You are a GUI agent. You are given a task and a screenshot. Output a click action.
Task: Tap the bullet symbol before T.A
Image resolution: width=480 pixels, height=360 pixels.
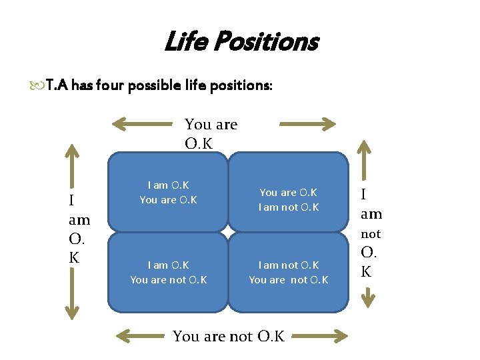pos(36,85)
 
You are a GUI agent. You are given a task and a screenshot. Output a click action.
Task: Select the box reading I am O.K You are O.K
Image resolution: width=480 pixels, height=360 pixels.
pos(168,193)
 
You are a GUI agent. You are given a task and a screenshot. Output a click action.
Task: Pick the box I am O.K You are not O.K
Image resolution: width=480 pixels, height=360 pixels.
pos(168,273)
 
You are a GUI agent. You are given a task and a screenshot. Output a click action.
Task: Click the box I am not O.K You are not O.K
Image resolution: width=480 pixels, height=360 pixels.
pos(289,273)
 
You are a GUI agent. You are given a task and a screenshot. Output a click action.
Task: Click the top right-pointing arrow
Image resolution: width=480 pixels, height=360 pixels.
pos(307,123)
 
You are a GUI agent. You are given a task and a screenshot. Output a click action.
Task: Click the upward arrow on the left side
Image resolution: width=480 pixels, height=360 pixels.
pos(71,163)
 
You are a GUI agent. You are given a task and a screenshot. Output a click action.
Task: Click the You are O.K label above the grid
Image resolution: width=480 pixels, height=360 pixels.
pos(211,133)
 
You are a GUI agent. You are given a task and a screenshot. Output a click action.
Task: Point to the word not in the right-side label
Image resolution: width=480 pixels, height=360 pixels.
pos(371,234)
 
